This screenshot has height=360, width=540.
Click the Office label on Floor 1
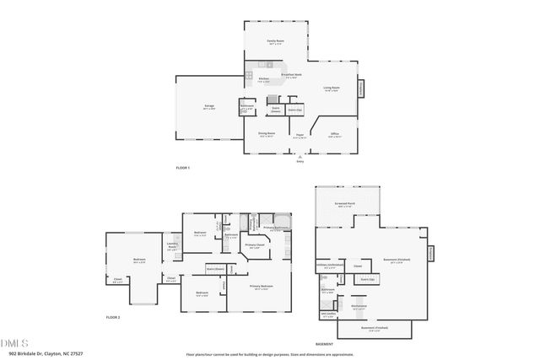(x=335, y=134)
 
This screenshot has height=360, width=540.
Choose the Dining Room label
(x=267, y=134)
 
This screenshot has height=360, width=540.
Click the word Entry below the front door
(x=300, y=160)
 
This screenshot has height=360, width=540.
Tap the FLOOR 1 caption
(x=183, y=169)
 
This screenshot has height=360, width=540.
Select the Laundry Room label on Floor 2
(x=171, y=247)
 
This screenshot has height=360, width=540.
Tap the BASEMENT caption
(x=325, y=344)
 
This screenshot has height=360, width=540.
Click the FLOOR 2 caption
(x=113, y=317)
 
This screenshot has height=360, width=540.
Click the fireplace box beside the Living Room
(x=362, y=87)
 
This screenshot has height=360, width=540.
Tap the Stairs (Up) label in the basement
(x=367, y=278)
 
